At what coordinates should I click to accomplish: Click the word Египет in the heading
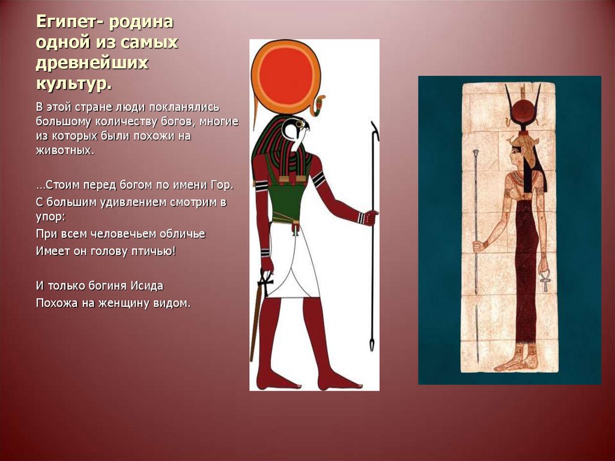click(x=66, y=22)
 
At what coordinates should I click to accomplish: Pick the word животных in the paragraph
click(x=64, y=150)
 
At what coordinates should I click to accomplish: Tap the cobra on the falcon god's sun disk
click(x=318, y=105)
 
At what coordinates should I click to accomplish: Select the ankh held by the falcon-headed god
click(x=264, y=282)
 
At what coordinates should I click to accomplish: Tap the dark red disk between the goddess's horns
click(x=524, y=112)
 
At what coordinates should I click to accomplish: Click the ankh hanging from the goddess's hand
click(x=545, y=280)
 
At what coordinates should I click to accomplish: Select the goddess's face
click(x=515, y=154)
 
